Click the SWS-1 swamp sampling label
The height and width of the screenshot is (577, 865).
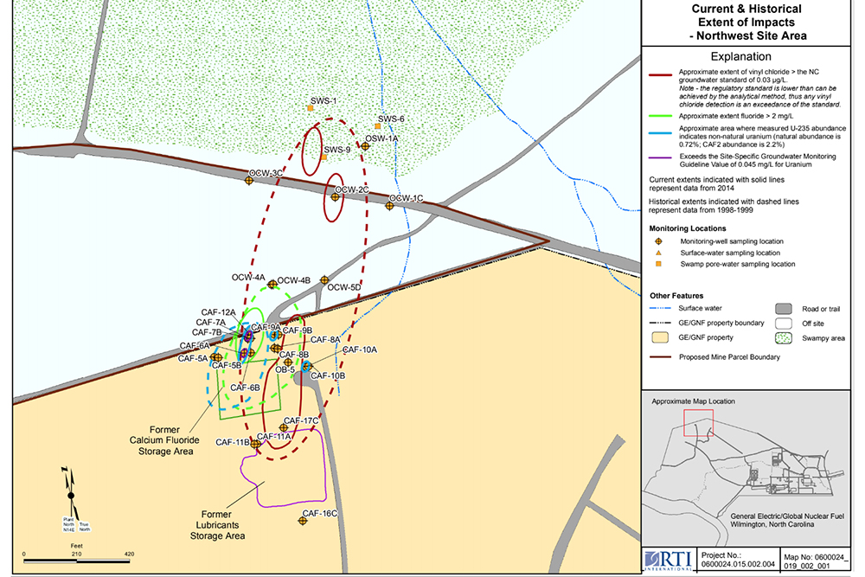[x=324, y=100]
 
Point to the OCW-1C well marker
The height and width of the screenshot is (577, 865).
[x=390, y=206]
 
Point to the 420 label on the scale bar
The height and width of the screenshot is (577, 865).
[x=129, y=553]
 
